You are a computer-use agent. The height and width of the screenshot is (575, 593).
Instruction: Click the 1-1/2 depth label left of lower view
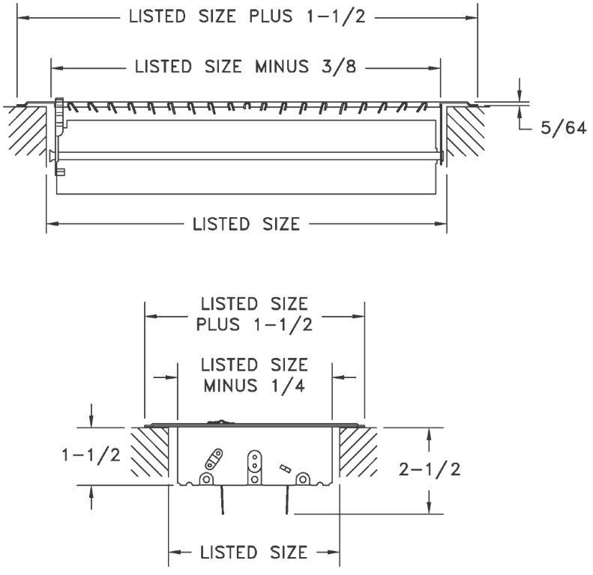tap(91, 455)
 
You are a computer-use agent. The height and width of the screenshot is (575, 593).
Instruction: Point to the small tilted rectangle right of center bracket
tap(285, 467)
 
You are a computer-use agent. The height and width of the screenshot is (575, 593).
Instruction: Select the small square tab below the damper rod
tap(61, 172)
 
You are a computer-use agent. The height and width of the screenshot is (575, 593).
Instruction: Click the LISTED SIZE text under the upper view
tap(246, 223)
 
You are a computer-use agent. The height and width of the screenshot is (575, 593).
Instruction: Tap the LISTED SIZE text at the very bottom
tap(254, 553)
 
